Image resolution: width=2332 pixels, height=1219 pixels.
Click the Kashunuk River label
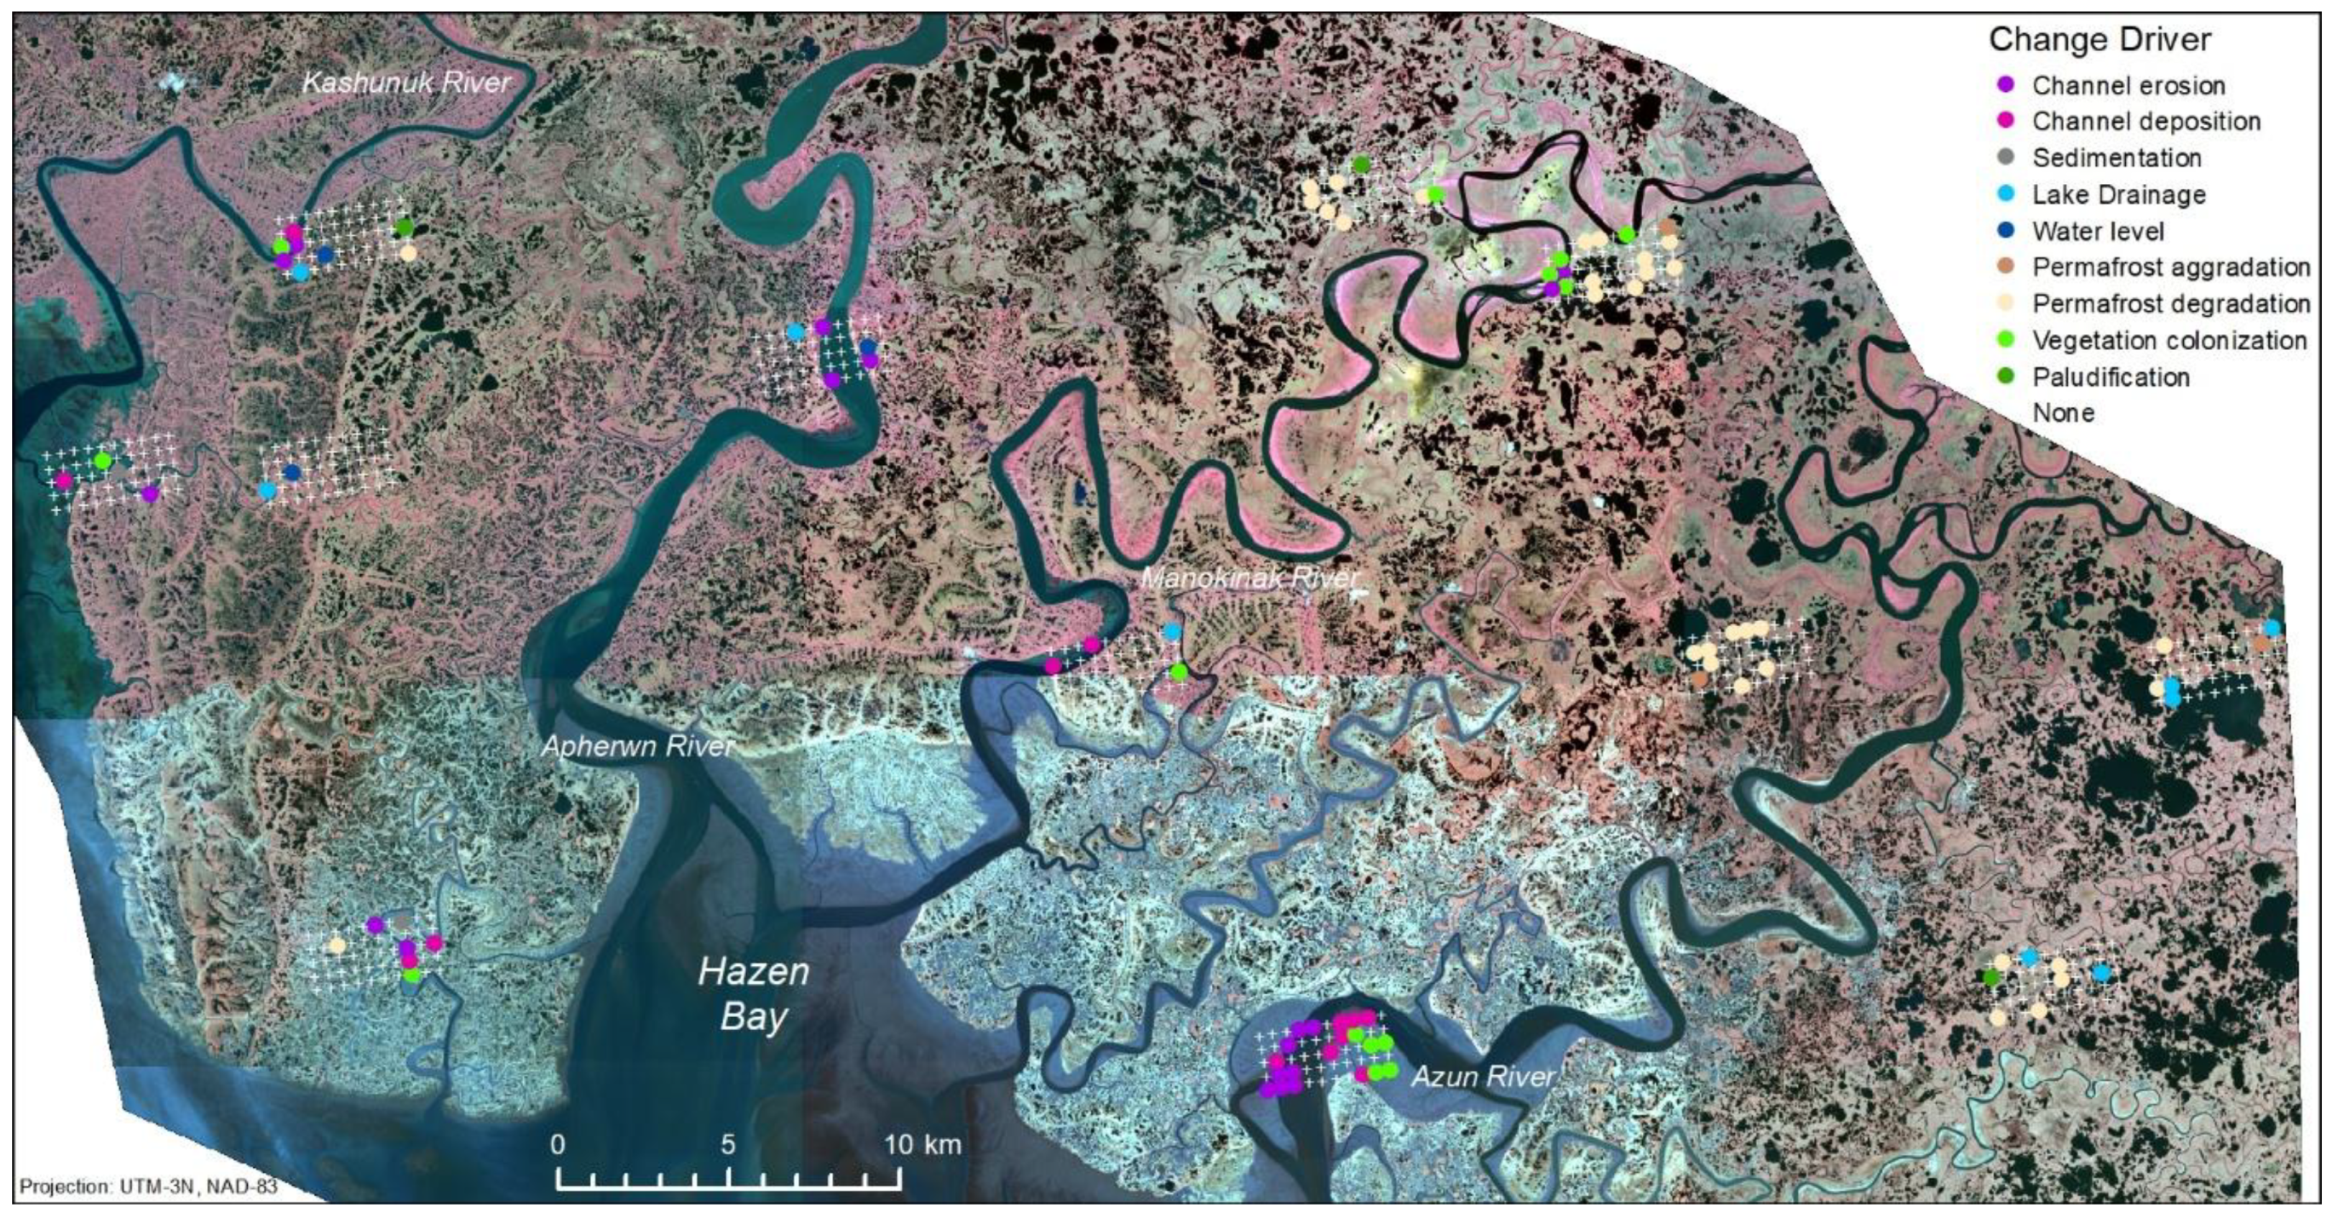pyautogui.click(x=406, y=83)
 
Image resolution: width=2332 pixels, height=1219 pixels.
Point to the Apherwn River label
pyautogui.click(x=637, y=746)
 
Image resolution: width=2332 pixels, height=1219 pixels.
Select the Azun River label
pyautogui.click(x=1483, y=1077)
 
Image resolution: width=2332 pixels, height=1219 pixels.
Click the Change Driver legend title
pyautogui.click(x=2099, y=40)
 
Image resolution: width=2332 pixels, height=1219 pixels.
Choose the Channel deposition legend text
pyautogui.click(x=2146, y=121)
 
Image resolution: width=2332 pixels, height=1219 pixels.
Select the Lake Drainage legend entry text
pyautogui.click(x=2118, y=195)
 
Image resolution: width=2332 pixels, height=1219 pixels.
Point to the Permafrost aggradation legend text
pyautogui.click(x=2171, y=267)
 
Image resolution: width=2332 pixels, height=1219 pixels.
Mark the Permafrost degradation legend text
pyautogui.click(x=2171, y=303)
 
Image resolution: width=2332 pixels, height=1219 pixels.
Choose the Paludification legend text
pyautogui.click(x=2111, y=377)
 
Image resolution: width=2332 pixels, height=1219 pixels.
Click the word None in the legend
pyautogui.click(x=2063, y=413)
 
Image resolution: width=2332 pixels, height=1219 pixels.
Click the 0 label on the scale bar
pyautogui.click(x=558, y=1145)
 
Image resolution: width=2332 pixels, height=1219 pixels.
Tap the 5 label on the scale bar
pyautogui.click(x=729, y=1145)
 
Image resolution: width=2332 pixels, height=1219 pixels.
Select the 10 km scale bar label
pyautogui.click(x=922, y=1145)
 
